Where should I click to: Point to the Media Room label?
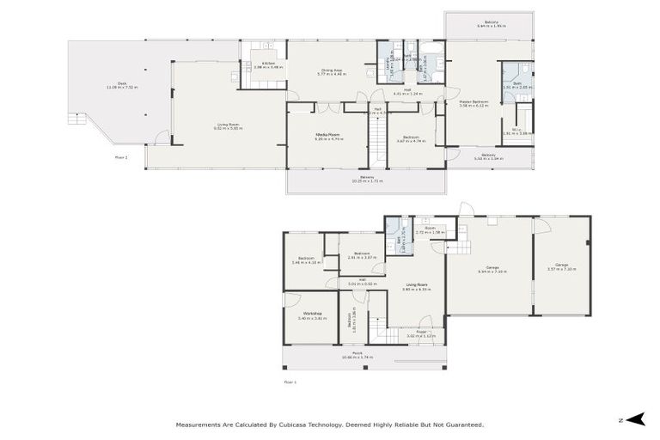(x=327, y=136)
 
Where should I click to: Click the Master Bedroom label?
(x=473, y=102)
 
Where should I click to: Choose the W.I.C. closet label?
(x=517, y=131)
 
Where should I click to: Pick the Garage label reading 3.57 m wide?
(x=561, y=266)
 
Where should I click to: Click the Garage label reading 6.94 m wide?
(x=492, y=269)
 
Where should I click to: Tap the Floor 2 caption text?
(x=120, y=157)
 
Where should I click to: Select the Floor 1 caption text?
(x=290, y=381)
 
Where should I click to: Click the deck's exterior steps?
(x=76, y=118)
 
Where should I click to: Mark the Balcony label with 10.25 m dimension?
(x=367, y=179)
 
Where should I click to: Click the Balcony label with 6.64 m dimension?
(x=491, y=23)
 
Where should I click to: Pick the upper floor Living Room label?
(x=228, y=126)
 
